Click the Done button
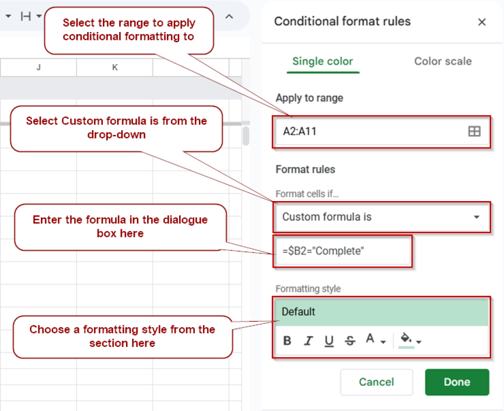tap(457, 382)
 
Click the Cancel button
tap(376, 382)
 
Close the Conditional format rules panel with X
tap(482, 22)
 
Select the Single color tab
tap(322, 62)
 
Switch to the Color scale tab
tap(442, 62)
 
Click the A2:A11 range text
tap(300, 132)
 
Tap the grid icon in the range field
tap(474, 132)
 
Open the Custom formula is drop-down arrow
tap(476, 217)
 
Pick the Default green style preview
tap(381, 312)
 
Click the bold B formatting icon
tap(287, 341)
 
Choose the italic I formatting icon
tap(309, 341)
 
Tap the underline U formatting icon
tap(329, 341)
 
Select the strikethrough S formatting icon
tap(350, 341)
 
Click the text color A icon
tap(371, 339)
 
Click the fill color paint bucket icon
tap(407, 339)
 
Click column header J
tap(38, 68)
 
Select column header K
tap(115, 68)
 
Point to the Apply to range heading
tap(309, 98)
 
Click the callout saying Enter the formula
tap(120, 227)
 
